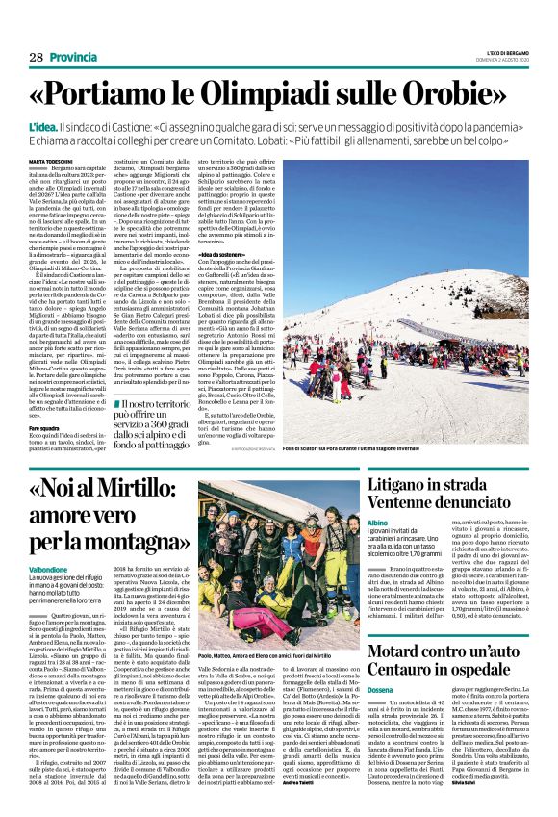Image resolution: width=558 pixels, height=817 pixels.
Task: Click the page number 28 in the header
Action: click(x=36, y=57)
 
